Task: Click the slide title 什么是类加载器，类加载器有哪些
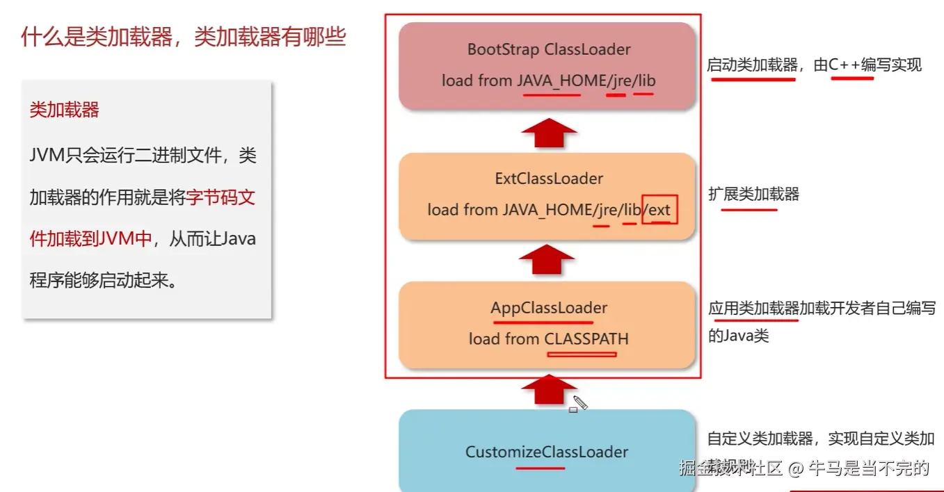[x=184, y=36]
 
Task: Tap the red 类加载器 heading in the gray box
[x=65, y=110]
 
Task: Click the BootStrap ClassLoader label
[x=549, y=49]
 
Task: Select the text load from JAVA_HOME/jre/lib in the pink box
[x=548, y=81]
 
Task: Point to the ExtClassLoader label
[x=549, y=179]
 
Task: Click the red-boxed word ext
[x=659, y=209]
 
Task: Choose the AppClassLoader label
[x=549, y=308]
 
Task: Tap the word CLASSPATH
[x=586, y=339]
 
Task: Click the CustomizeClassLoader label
[x=547, y=452]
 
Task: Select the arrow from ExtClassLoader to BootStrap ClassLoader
[x=549, y=132]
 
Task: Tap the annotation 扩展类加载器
[x=753, y=194]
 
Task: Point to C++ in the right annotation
[x=844, y=65]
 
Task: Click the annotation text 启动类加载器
[x=752, y=65]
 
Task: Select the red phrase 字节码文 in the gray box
[x=221, y=197]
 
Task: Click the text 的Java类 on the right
[x=738, y=336]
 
